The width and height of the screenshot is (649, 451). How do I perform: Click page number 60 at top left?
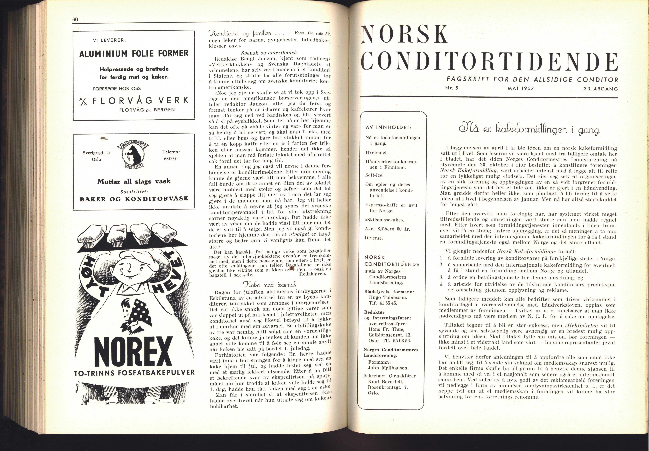click(75, 19)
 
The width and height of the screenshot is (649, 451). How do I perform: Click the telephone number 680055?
click(171, 159)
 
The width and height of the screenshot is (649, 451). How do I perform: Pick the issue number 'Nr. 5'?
click(451, 88)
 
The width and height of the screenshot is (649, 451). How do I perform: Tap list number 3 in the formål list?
click(441, 278)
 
